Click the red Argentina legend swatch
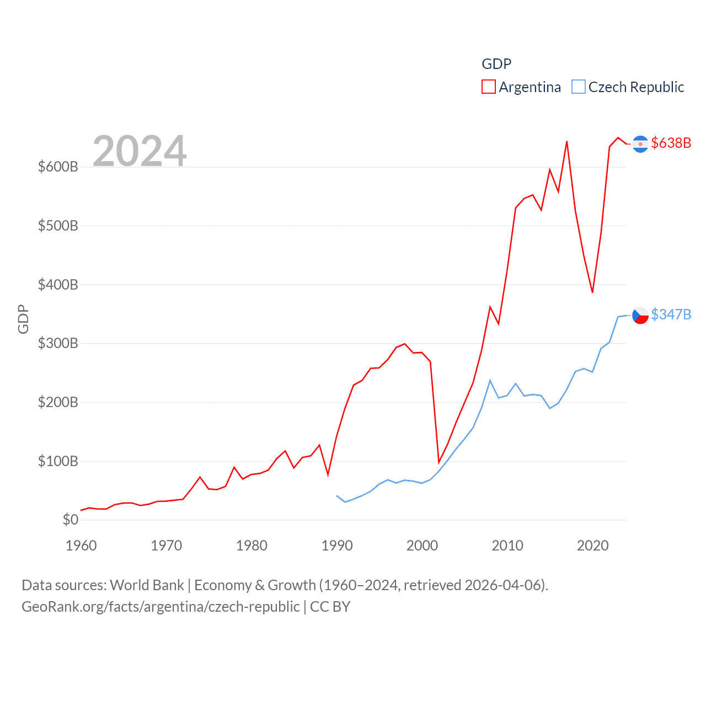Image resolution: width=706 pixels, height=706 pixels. [x=489, y=87]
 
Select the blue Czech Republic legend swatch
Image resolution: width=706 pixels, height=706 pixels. [x=578, y=87]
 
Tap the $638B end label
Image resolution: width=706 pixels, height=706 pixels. [x=671, y=143]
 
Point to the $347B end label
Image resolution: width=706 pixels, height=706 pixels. [x=671, y=314]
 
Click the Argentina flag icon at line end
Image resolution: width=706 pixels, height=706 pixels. [x=640, y=144]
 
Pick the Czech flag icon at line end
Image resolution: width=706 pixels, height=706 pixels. [x=640, y=315]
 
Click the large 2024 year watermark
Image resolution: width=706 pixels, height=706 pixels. [x=140, y=151]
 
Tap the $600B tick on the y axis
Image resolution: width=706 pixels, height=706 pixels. [x=58, y=167]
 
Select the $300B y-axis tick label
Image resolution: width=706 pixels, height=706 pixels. [x=58, y=343]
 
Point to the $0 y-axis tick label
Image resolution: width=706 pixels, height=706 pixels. [x=70, y=520]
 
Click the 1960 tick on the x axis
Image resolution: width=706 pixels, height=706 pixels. [x=81, y=545]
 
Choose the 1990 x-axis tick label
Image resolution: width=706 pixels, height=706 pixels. [x=337, y=545]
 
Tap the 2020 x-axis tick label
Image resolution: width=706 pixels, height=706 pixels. [x=592, y=545]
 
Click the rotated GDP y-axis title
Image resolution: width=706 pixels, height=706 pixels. [x=23, y=319]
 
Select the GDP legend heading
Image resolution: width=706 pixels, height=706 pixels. [x=496, y=64]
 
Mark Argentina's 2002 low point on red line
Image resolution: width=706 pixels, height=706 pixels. [x=439, y=462]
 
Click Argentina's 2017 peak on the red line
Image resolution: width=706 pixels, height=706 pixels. [x=567, y=142]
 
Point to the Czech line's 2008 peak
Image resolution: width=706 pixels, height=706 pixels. [x=490, y=381]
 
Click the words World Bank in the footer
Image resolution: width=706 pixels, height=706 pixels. [x=147, y=585]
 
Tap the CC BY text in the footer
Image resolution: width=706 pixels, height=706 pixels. [x=330, y=607]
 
